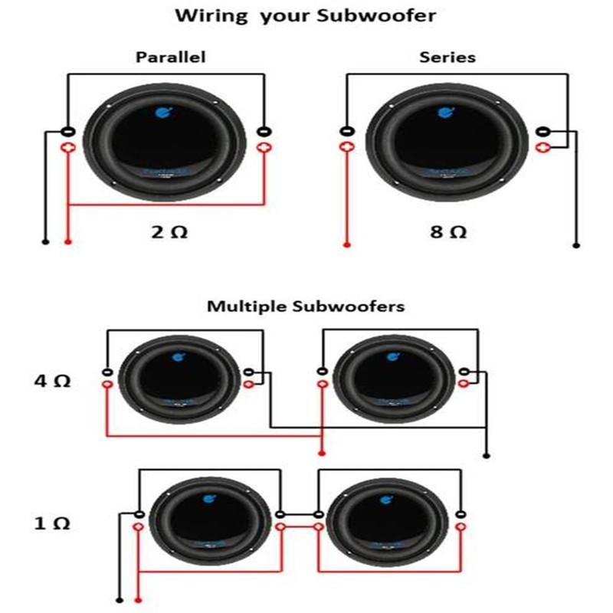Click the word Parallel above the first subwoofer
tap(170, 57)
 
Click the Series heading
tap(447, 57)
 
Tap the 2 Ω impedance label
tap(169, 231)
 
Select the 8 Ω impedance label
tap(448, 231)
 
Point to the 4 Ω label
tap(51, 380)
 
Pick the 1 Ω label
tap(51, 524)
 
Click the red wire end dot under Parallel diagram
tap(69, 242)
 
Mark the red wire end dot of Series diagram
tap(346, 245)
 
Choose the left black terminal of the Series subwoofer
tap(346, 132)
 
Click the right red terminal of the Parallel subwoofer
tap(265, 146)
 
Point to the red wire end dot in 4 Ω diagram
tap(322, 453)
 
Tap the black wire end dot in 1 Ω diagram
tap(120, 600)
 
